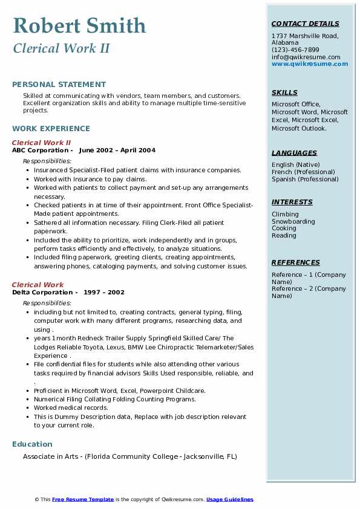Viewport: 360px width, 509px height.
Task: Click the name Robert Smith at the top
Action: click(x=79, y=25)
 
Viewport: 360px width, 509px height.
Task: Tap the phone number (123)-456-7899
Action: click(x=295, y=50)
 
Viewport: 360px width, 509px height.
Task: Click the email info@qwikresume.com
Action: click(x=306, y=57)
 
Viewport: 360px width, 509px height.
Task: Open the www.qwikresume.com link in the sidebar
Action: click(x=310, y=64)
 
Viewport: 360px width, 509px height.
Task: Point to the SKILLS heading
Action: click(x=284, y=93)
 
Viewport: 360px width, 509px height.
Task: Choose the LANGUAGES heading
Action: click(x=294, y=154)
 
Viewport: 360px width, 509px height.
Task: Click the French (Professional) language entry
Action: click(x=303, y=172)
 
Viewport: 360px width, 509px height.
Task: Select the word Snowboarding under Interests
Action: click(x=293, y=221)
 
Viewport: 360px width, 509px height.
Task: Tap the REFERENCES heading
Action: click(x=296, y=263)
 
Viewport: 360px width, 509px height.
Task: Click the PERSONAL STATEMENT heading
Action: click(x=59, y=85)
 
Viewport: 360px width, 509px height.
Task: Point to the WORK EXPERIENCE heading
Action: click(x=51, y=129)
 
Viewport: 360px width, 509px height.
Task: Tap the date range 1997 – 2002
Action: click(x=104, y=293)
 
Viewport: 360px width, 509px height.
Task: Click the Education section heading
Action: click(x=32, y=444)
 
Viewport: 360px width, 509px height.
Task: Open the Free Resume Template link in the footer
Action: click(x=83, y=499)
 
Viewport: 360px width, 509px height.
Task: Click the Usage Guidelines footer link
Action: click(x=230, y=499)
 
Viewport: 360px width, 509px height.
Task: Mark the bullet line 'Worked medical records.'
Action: click(x=62, y=408)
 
